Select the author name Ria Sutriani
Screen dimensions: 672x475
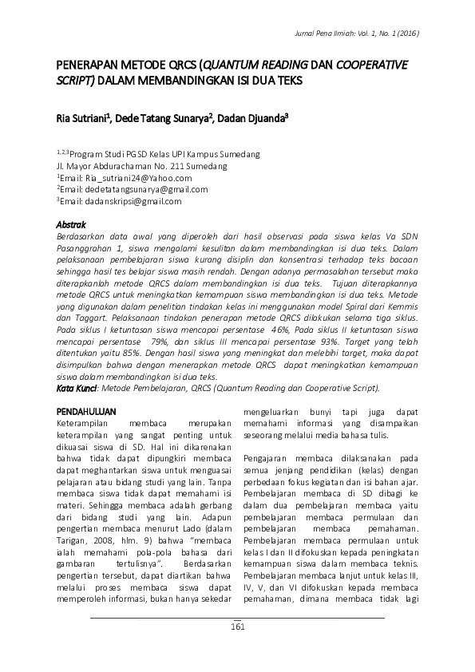coord(82,118)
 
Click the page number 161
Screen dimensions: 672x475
coord(236,627)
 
